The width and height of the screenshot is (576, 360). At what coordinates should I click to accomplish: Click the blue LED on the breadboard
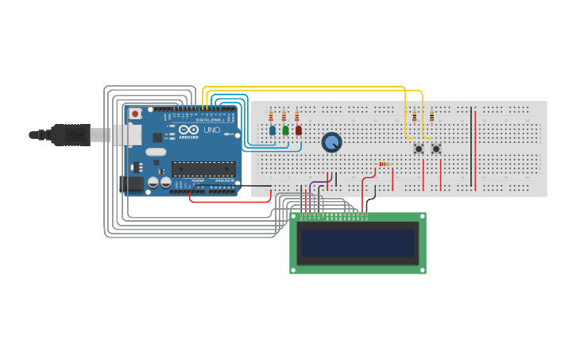click(273, 130)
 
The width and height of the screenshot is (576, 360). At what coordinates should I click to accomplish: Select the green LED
click(285, 130)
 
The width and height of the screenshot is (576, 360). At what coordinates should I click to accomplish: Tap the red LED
click(299, 130)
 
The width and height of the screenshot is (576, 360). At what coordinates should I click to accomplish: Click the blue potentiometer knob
click(331, 142)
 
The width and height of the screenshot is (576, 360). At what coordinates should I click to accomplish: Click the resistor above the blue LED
click(271, 116)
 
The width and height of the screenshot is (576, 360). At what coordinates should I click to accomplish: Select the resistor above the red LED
click(297, 116)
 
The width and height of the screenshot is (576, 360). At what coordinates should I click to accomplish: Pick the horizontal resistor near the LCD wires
click(385, 165)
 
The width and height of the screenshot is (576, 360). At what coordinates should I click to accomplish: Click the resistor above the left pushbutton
click(414, 116)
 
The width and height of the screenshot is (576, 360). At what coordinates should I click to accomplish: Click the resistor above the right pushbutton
click(431, 116)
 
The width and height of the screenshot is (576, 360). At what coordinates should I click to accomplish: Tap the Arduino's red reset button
click(135, 114)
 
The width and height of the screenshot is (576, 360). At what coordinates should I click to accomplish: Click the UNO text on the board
click(212, 130)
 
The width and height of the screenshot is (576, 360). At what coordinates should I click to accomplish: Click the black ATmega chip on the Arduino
click(203, 168)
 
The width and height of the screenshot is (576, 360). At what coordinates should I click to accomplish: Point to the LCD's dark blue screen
click(358, 242)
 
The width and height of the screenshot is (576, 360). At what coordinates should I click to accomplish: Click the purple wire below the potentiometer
click(311, 188)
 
